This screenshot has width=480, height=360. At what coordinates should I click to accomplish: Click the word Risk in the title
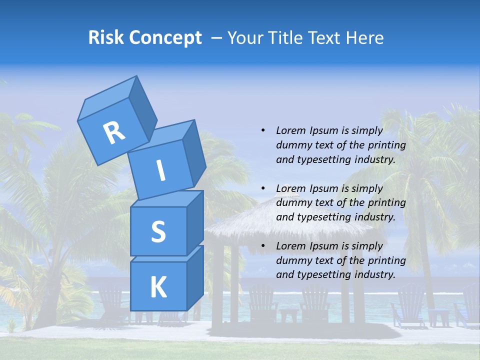(106, 37)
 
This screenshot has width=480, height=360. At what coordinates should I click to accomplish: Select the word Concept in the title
(165, 38)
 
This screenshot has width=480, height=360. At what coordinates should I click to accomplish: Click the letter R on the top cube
(114, 133)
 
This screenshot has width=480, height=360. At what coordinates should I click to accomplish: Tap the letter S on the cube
(158, 231)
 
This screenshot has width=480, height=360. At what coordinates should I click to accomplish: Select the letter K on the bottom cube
(158, 287)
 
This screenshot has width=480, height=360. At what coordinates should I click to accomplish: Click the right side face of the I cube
(194, 152)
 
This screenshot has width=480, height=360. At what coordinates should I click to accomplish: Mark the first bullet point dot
(263, 130)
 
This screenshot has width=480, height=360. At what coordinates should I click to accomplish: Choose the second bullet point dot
(263, 188)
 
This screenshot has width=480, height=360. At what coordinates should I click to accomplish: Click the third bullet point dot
(263, 246)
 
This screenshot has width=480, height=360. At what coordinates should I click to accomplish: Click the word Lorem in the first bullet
(290, 130)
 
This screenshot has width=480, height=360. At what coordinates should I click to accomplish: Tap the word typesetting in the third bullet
(323, 274)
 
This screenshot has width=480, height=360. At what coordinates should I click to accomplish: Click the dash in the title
(216, 37)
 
